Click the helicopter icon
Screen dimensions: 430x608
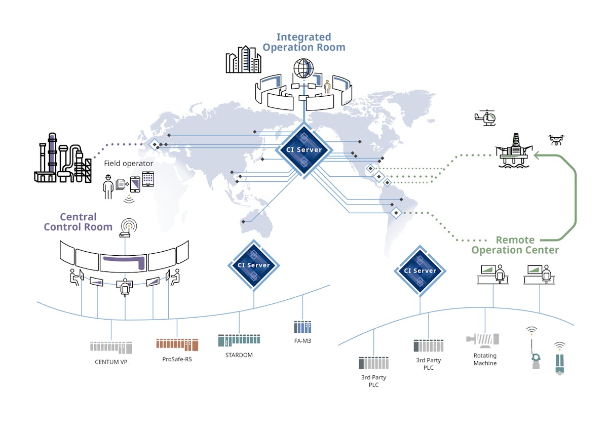pyautogui.click(x=485, y=118)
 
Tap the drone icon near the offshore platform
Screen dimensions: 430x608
pyautogui.click(x=556, y=140)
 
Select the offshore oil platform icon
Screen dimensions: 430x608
pyautogui.click(x=514, y=151)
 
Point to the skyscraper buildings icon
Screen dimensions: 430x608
pyautogui.click(x=243, y=59)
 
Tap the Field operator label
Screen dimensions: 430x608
pyautogui.click(x=129, y=164)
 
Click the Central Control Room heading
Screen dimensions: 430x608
pyautogui.click(x=78, y=222)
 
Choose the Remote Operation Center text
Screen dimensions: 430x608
pyautogui.click(x=515, y=245)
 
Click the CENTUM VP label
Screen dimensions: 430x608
pyautogui.click(x=111, y=362)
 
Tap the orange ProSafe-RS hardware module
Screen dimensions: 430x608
pyautogui.click(x=177, y=345)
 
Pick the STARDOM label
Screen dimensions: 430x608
pyautogui.click(x=239, y=355)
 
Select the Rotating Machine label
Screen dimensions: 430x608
pyautogui.click(x=485, y=359)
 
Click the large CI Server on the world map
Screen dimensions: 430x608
pyautogui.click(x=303, y=150)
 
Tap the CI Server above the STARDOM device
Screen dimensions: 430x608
pyautogui.click(x=253, y=265)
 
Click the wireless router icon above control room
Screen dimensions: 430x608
pyautogui.click(x=125, y=228)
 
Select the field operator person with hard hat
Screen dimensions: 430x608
pyautogui.click(x=108, y=187)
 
